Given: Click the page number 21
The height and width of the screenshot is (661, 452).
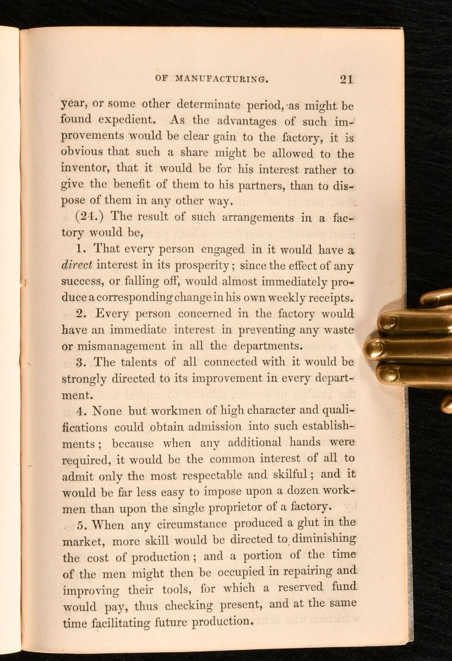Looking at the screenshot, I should click(x=346, y=79).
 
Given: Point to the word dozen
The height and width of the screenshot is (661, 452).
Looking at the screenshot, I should click(x=297, y=491).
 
